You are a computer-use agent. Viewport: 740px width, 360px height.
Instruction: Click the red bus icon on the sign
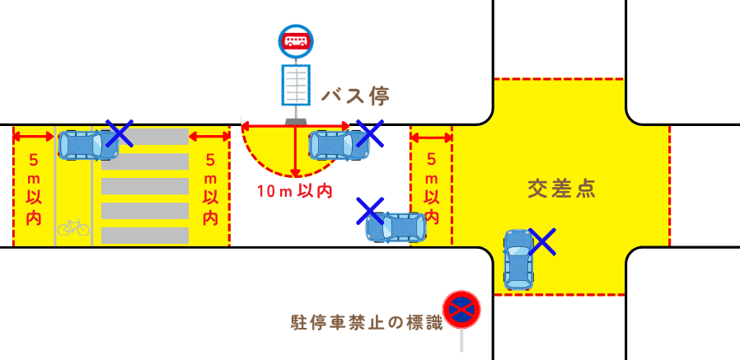point(296,40)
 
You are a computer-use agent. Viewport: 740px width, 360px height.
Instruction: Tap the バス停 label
point(354,96)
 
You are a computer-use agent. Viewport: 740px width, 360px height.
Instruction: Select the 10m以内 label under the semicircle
point(294,192)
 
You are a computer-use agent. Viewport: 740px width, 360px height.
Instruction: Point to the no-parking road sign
point(461,309)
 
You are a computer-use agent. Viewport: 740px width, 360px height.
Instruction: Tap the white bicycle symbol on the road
point(73,227)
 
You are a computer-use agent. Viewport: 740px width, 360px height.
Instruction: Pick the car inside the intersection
point(518,259)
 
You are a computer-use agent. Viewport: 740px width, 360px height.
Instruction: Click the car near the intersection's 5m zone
point(397,227)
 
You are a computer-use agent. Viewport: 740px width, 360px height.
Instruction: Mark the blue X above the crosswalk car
point(119,133)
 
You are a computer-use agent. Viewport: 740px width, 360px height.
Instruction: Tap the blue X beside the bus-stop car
point(368,133)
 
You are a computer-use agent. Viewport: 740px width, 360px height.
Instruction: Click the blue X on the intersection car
point(541,241)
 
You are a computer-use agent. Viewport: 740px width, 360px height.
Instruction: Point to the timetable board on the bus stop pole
point(296,85)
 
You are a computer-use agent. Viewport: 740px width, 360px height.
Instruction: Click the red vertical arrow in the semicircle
point(294,152)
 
